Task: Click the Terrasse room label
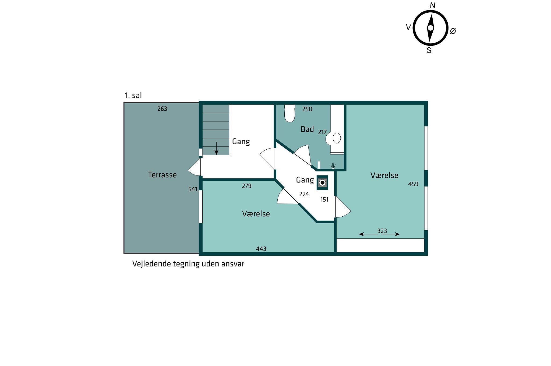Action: click(x=162, y=175)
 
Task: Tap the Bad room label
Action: click(x=307, y=129)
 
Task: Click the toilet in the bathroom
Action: click(x=290, y=113)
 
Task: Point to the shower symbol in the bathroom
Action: click(x=333, y=166)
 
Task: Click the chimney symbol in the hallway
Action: click(x=322, y=183)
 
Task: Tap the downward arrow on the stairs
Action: click(x=216, y=148)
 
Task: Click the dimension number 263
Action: click(x=162, y=109)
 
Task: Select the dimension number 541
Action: click(x=193, y=189)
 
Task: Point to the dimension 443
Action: click(x=261, y=249)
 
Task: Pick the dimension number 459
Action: click(x=413, y=184)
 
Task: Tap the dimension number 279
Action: click(x=246, y=186)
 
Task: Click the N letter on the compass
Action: click(x=433, y=5)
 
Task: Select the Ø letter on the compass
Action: click(x=453, y=31)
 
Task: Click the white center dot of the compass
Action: click(x=430, y=28)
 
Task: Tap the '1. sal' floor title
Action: click(x=133, y=96)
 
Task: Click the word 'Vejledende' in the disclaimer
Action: click(x=151, y=264)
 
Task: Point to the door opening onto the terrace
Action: click(x=195, y=167)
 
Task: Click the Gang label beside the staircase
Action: click(x=241, y=142)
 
